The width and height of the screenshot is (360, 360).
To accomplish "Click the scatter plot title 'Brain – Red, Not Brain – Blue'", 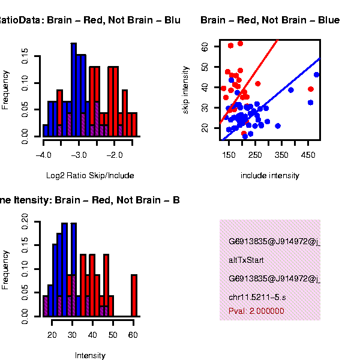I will (x=270, y=20).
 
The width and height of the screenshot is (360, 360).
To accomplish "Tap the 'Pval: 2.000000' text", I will (x=256, y=311).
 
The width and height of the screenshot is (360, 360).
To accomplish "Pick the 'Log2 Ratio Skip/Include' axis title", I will (x=90, y=176).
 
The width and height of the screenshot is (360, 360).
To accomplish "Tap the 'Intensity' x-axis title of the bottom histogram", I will (x=90, y=355).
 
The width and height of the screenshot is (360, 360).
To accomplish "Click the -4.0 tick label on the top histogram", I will (x=43, y=155).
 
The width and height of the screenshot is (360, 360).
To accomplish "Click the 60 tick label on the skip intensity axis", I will (x=205, y=46).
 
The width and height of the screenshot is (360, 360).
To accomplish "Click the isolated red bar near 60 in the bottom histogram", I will (x=134, y=295).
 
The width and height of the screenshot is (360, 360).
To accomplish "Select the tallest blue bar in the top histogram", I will (x=74, y=90).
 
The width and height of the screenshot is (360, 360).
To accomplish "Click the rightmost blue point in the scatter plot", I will (x=316, y=75).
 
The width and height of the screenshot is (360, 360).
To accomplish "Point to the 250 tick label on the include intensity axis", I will (x=255, y=155).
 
